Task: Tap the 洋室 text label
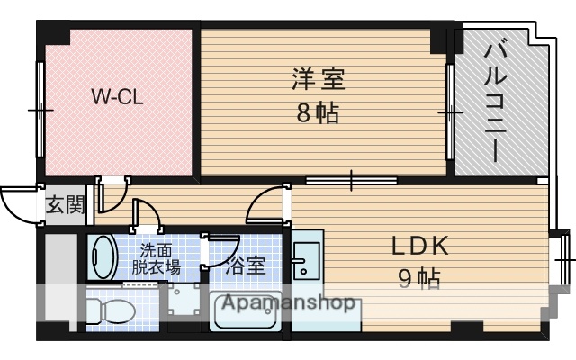(318, 79)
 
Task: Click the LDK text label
(418, 246)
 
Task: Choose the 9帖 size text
(418, 280)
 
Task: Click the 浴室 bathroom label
(246, 266)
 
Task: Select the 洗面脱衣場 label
(157, 258)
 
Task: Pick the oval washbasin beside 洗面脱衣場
(103, 257)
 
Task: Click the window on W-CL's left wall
(39, 109)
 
